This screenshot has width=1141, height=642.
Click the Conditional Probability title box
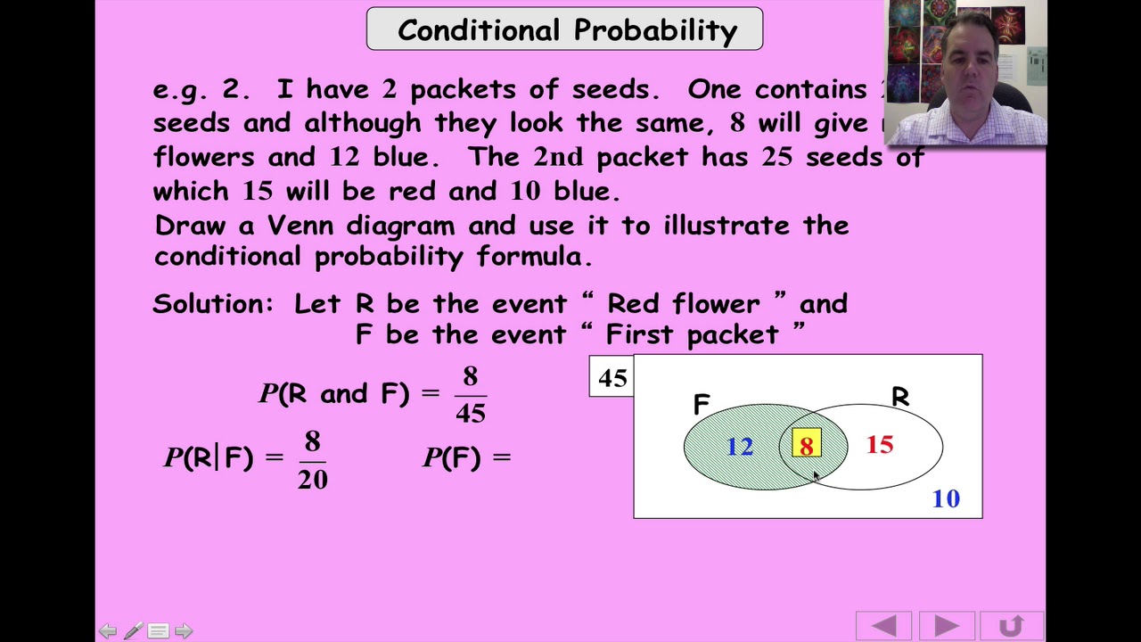click(x=564, y=29)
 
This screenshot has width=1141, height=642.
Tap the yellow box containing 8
click(x=806, y=445)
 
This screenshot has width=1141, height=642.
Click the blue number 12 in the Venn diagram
click(x=740, y=446)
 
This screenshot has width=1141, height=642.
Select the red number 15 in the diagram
click(x=879, y=444)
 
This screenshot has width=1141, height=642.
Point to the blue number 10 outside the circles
click(x=946, y=498)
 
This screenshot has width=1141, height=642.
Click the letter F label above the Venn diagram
click(x=702, y=405)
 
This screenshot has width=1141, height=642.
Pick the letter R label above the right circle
click(x=900, y=397)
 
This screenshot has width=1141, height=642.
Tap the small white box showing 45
click(x=612, y=377)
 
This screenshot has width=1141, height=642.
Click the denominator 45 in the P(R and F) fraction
click(x=471, y=412)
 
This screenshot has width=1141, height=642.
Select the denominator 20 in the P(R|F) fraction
click(x=312, y=480)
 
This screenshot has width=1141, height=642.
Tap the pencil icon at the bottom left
click(x=133, y=631)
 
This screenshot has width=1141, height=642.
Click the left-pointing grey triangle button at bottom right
click(x=883, y=626)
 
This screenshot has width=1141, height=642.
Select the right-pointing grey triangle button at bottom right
click(x=946, y=626)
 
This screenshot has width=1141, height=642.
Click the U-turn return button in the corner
click(x=1011, y=626)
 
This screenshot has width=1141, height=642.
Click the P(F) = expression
click(x=467, y=457)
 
